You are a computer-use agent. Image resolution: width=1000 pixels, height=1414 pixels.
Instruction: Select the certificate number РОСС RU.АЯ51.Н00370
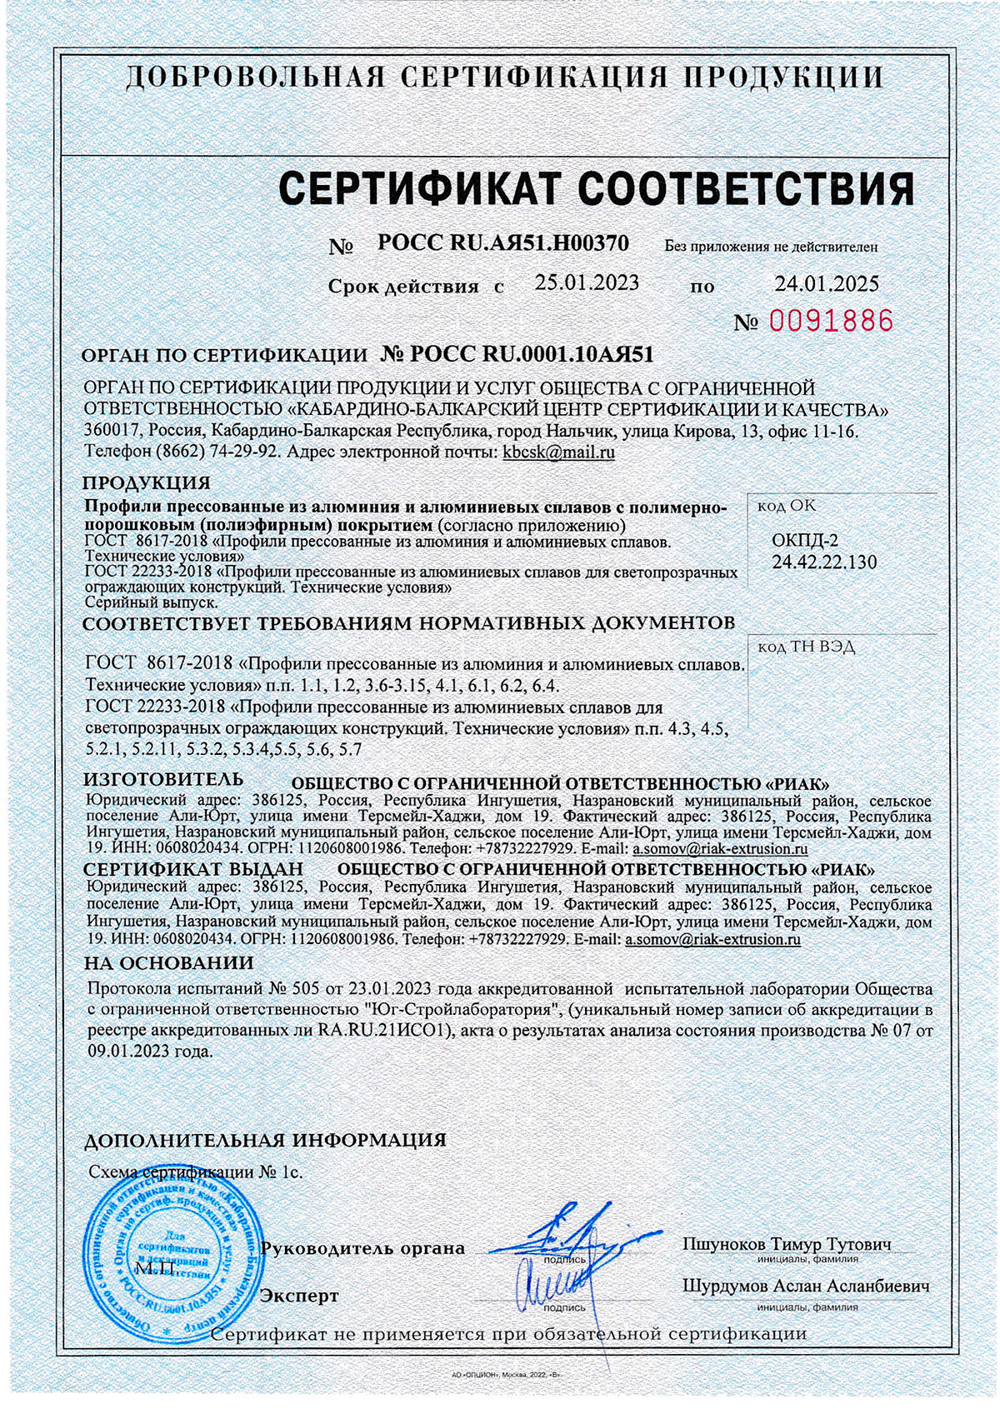pyautogui.click(x=503, y=242)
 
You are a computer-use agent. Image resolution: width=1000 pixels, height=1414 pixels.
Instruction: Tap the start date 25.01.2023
pyautogui.click(x=587, y=282)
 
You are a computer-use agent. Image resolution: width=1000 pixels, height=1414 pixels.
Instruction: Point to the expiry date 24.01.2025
pyautogui.click(x=827, y=284)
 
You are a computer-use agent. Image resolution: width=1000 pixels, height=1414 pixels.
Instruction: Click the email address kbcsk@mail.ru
pyautogui.click(x=557, y=453)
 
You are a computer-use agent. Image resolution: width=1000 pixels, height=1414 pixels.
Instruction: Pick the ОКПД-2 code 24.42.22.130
pyautogui.click(x=823, y=562)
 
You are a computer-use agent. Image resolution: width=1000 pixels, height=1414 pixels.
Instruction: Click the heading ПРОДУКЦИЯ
pyautogui.click(x=147, y=483)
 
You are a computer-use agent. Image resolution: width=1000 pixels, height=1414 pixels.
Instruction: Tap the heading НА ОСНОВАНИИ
pyautogui.click(x=169, y=963)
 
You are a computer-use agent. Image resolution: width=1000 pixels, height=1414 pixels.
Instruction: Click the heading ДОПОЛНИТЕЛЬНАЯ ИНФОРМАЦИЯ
pyautogui.click(x=266, y=1140)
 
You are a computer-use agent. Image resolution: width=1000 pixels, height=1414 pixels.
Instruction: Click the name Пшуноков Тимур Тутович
pyautogui.click(x=787, y=1245)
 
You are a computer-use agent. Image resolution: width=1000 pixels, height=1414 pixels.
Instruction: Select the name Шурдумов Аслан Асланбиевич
pyautogui.click(x=806, y=1286)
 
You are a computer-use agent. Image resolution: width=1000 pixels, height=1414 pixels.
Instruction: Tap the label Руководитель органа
pyautogui.click(x=362, y=1249)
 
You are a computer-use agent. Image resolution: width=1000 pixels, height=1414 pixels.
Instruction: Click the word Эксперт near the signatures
pyautogui.click(x=300, y=1297)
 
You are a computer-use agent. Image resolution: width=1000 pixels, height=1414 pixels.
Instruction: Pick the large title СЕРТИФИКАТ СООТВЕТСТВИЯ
pyautogui.click(x=596, y=188)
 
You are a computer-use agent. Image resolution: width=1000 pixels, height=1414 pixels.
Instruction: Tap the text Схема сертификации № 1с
pyautogui.click(x=196, y=1172)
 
